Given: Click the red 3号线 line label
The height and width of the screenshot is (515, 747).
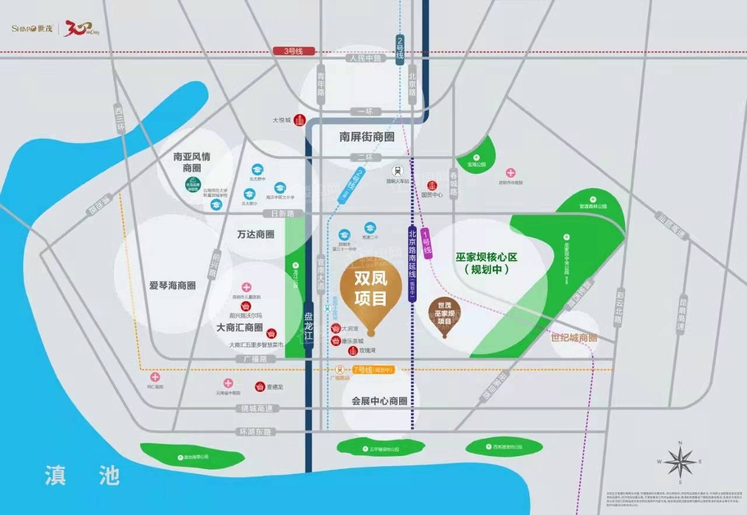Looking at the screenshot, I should [x=294, y=51].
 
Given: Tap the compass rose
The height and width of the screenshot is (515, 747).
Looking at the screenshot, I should [x=680, y=463].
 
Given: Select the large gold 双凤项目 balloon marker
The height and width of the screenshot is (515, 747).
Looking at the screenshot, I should [x=371, y=295].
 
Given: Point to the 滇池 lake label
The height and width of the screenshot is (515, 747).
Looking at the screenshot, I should [x=82, y=475].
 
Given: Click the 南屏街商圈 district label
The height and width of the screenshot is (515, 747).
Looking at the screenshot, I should [x=366, y=137].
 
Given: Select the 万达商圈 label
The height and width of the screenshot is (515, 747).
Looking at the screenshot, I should [x=256, y=234].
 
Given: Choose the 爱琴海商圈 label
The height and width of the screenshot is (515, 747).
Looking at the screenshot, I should [x=172, y=285].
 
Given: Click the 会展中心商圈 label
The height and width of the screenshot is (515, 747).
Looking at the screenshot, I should [x=379, y=401].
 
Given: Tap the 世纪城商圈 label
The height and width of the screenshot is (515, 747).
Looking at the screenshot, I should [x=574, y=338].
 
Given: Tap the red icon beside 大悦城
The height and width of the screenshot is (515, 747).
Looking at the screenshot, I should [x=300, y=120].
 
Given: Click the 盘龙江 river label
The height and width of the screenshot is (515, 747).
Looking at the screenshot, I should [x=309, y=325].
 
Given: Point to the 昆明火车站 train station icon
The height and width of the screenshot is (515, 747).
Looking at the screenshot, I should [x=398, y=171].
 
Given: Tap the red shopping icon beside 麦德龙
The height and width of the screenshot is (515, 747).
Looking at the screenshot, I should [x=259, y=386].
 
